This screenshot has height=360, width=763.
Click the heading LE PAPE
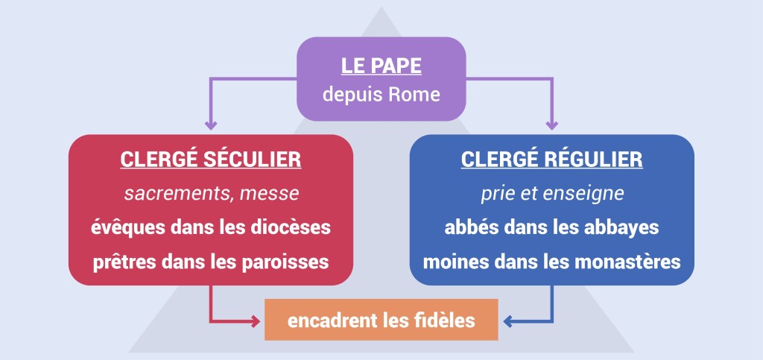(x=381, y=66)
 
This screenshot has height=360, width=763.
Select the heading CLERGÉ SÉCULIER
(x=210, y=160)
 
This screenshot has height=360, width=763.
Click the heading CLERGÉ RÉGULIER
(x=551, y=160)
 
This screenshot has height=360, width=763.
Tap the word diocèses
(x=290, y=228)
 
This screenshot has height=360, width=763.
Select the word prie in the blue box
(x=496, y=194)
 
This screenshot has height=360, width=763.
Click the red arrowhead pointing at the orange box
(x=256, y=322)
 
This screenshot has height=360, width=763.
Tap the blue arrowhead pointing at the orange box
(x=508, y=322)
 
